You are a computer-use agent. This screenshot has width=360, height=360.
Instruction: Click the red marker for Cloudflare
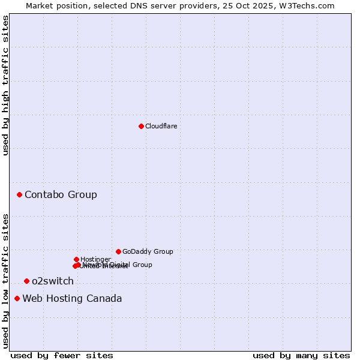click(x=141, y=126)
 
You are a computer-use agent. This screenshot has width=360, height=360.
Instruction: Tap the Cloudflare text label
click(x=161, y=126)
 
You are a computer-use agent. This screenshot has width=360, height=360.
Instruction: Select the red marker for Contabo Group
click(x=19, y=194)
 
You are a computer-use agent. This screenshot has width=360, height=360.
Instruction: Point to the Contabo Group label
click(x=61, y=194)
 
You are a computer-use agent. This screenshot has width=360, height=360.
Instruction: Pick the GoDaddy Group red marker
click(x=118, y=251)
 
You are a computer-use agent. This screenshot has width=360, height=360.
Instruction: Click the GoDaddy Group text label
click(x=148, y=251)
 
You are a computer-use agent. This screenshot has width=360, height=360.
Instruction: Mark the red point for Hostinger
click(x=76, y=259)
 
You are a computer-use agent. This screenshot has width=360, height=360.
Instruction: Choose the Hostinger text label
click(x=95, y=259)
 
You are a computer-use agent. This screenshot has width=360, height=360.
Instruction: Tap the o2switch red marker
click(x=26, y=281)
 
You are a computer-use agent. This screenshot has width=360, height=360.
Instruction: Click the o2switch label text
click(x=53, y=281)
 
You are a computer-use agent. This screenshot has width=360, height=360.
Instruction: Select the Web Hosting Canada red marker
click(x=17, y=298)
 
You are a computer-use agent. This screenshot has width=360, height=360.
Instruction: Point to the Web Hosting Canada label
click(x=72, y=298)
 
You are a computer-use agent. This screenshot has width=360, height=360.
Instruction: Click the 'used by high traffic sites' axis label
click(x=6, y=85)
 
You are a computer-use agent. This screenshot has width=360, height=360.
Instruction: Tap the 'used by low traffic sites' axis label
click(x=6, y=281)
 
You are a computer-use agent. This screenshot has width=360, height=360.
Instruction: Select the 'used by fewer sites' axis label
click(x=62, y=355)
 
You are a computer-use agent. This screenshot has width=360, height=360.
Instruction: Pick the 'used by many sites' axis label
click(x=301, y=355)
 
